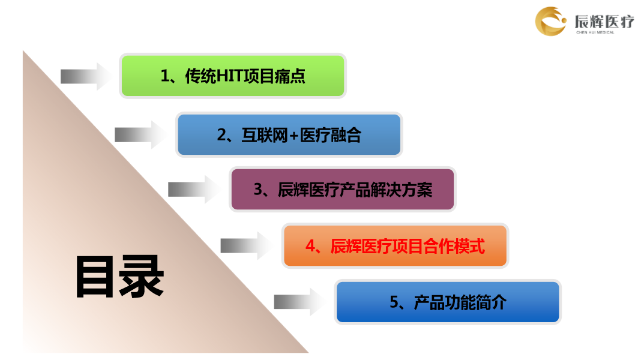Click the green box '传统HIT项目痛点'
point(233,76)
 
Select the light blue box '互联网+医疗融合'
point(289,134)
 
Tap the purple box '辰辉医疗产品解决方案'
point(343,189)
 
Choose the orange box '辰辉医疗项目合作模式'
point(395,245)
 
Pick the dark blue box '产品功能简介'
point(448,302)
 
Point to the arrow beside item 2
point(141,134)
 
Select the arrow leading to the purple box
point(194,189)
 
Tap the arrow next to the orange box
point(247,245)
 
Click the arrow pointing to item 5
point(300,302)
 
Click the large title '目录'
point(119,277)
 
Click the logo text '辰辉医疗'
point(604,21)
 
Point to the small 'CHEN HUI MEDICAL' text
point(595,32)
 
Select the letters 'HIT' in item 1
point(230,76)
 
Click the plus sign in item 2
point(293,136)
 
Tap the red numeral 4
point(310,246)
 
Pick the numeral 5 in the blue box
point(394,302)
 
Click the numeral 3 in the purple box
point(258,190)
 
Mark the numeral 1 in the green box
point(164,76)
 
